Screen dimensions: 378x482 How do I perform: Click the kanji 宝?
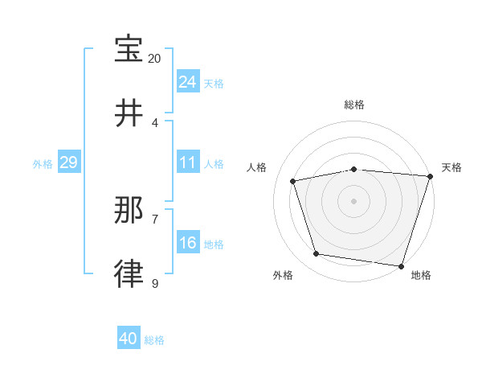[x=129, y=49]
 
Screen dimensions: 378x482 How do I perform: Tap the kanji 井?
[x=129, y=114]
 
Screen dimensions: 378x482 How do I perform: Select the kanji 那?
[x=129, y=211]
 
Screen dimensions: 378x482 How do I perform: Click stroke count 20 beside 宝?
[x=155, y=59]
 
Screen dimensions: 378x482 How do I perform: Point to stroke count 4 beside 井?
[x=155, y=123]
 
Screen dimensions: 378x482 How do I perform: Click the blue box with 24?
[x=188, y=82]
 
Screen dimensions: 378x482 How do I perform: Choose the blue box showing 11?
[x=188, y=163]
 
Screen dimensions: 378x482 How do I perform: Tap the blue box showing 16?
[x=188, y=244]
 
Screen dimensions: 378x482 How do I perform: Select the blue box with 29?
[x=68, y=163]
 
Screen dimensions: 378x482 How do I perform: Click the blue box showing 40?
[x=129, y=339]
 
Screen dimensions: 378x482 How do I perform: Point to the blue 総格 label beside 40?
[x=155, y=340]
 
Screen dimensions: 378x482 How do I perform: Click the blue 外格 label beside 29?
[x=43, y=164]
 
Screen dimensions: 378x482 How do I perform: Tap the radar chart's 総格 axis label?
[x=354, y=105]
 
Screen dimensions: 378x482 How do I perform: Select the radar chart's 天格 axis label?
[x=451, y=167]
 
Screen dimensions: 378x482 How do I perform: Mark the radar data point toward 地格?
[x=402, y=265]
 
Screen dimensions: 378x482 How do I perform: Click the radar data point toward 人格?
[x=293, y=181]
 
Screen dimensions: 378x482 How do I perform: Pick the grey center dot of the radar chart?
[x=354, y=200]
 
